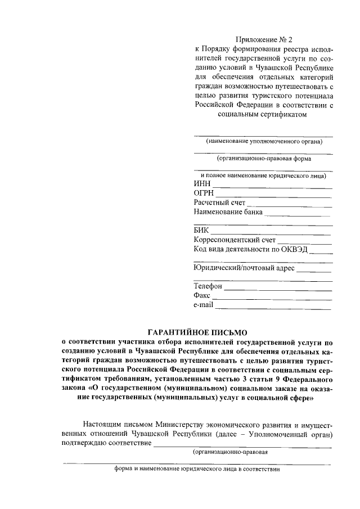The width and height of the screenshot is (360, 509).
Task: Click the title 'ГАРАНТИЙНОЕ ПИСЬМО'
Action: pyautogui.click(x=197, y=332)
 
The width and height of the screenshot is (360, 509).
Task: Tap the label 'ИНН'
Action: pyautogui.click(x=202, y=184)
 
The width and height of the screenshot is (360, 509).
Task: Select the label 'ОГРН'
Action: pyautogui.click(x=204, y=193)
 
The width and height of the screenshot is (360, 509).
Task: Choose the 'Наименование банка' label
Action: pyautogui.click(x=228, y=213)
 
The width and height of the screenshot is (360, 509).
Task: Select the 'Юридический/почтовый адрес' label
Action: pyautogui.click(x=244, y=268)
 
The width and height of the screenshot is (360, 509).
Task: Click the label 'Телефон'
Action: pyautogui.click(x=208, y=287)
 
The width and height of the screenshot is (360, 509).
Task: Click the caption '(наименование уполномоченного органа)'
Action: pyautogui.click(x=263, y=141)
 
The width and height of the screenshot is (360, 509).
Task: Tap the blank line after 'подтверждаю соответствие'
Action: pyautogui.click(x=243, y=445)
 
